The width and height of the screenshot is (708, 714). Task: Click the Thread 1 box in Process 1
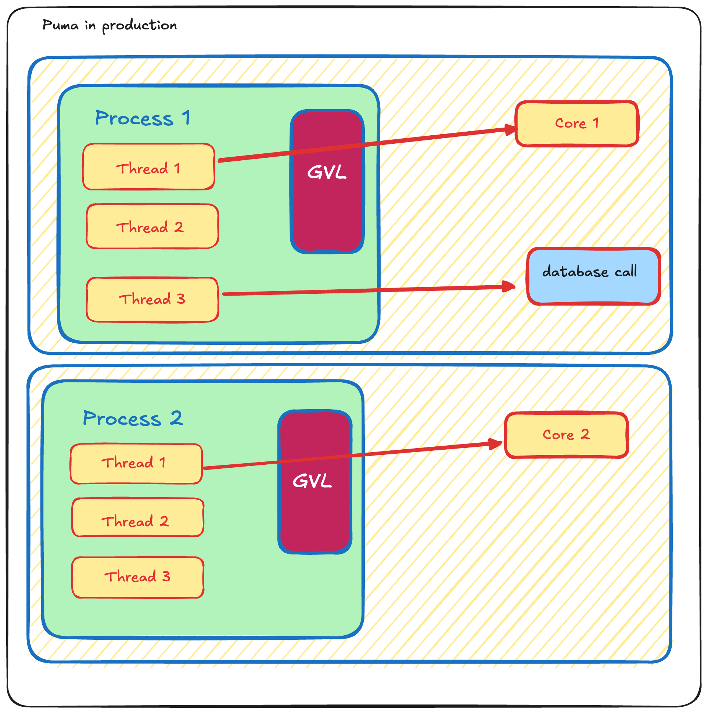(x=148, y=167)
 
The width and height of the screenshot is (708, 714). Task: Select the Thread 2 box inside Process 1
(x=152, y=226)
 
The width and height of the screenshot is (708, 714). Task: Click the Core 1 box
(x=577, y=124)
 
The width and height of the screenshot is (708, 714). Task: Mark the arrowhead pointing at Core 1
(x=512, y=129)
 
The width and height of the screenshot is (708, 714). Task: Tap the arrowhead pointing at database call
(x=510, y=286)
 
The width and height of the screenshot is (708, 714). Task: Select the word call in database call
(x=626, y=272)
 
